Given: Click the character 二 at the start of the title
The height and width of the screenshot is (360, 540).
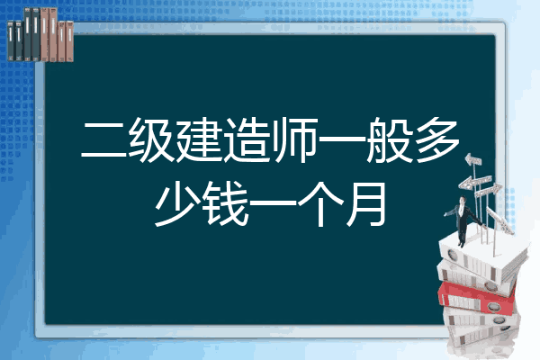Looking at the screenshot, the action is coord(103,140).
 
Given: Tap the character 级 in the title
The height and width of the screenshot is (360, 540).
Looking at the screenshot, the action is coord(151,139).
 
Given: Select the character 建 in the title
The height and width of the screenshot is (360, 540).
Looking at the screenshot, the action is coord(199,139).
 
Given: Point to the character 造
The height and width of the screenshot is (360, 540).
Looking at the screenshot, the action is coord(246,139).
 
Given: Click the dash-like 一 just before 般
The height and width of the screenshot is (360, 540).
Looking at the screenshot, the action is coord(341,139).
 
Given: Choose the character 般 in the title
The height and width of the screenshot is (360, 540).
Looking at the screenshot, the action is coord(389,139).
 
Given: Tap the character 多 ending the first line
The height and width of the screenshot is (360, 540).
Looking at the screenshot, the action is coord(436,139).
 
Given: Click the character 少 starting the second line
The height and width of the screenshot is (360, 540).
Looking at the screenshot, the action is coord(177,203).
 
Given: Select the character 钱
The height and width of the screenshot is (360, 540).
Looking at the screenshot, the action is coord(225,203).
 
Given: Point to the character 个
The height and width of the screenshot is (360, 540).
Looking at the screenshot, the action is coord(320,203).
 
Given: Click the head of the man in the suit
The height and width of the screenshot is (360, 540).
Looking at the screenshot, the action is coord(463,200).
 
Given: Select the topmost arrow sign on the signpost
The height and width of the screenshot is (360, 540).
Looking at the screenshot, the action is coord(473,160).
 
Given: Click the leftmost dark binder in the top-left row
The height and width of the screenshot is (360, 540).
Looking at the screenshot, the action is coord(11,40).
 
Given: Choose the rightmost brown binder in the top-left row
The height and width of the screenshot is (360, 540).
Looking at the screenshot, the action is coord(70,41).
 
